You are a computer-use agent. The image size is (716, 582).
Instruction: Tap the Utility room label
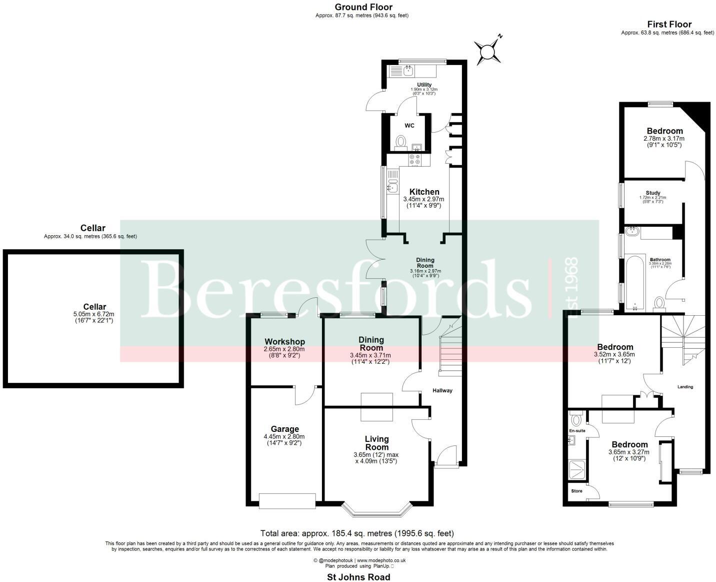coord(424,85)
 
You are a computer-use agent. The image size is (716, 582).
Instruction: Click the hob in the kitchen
coord(415,160)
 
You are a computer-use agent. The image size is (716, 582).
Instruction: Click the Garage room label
coord(284,429)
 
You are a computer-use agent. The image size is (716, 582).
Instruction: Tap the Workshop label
coord(284,342)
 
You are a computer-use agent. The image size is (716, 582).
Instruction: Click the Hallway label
coord(442,390)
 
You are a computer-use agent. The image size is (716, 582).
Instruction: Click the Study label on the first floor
coord(652,193)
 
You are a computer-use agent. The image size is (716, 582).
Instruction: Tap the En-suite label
coord(577,430)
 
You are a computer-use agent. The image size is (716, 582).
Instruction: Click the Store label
coord(576,491)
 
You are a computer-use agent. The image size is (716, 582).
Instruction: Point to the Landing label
coord(685,387)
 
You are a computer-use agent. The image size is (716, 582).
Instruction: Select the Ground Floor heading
coord(363,7)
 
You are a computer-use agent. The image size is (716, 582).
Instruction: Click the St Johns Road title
coord(358,577)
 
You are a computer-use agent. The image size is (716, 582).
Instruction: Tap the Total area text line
coord(357,533)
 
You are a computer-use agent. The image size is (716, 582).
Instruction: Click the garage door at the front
coord(287,500)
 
